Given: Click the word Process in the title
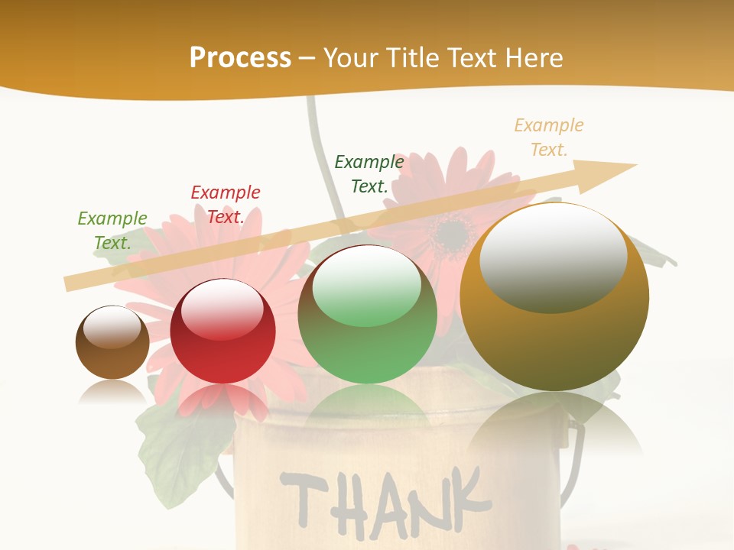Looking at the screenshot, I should pos(240,58).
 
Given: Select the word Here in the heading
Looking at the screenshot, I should pos(534,58).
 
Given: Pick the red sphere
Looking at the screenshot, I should pos(222,351).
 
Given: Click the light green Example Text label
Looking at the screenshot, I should pos(112,231).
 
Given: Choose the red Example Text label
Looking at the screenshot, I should pos(226,205).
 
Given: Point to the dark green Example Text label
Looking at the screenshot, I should pos(369,174).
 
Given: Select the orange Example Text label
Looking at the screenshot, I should pos(549,137).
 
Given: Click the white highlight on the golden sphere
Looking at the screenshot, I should pos(553,256).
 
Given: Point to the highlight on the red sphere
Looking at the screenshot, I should pos(222,307).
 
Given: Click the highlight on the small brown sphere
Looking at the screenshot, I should pos(112,326).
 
